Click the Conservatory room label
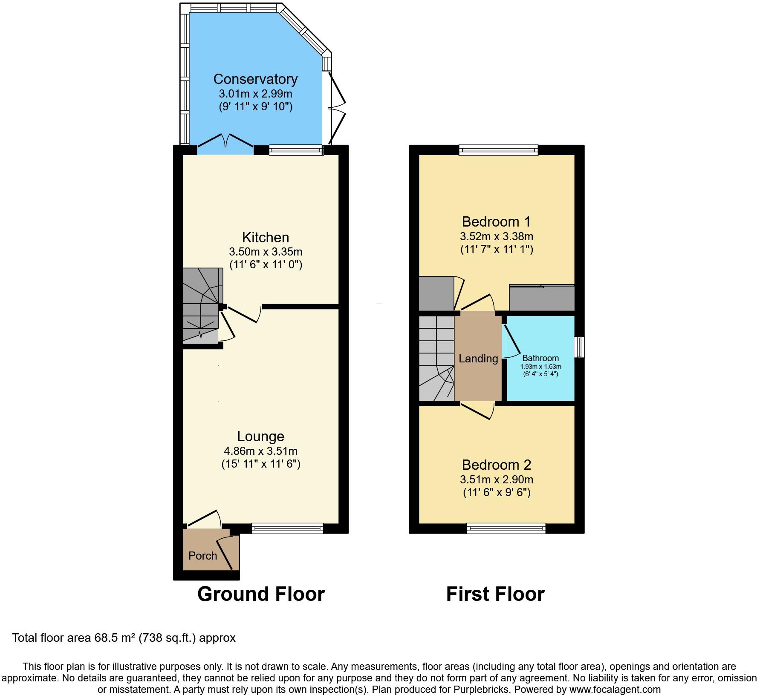[255, 79]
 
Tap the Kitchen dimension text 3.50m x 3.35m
[266, 251]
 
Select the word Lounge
[260, 437]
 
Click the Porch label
[202, 556]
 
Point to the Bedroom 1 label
[496, 222]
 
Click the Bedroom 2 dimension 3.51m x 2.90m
[496, 480]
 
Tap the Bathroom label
[540, 358]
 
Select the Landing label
[478, 359]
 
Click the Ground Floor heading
[261, 594]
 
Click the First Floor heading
[495, 594]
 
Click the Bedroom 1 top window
[498, 150]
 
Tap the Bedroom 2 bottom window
[506, 528]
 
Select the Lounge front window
[287, 528]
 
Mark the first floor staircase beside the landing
[436, 358]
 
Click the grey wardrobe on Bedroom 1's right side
[542, 298]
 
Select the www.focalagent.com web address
[615, 689]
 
